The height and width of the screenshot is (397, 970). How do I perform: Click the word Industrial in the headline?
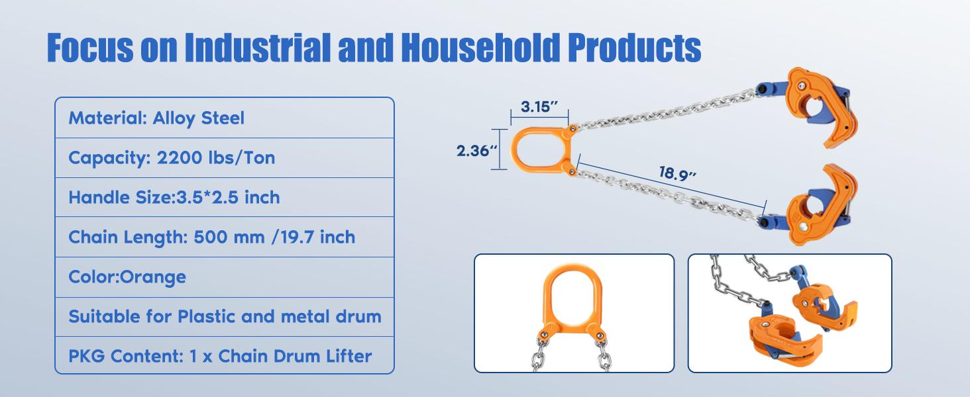click(260, 47)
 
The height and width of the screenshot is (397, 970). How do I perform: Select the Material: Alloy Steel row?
click(156, 118)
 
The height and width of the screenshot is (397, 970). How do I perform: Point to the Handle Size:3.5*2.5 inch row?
click(174, 197)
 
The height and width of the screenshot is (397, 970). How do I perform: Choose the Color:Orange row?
click(127, 277)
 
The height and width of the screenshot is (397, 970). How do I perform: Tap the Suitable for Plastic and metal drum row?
click(225, 316)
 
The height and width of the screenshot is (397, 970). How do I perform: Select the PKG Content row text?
click(220, 356)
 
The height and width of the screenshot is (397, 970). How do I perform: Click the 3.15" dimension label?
click(540, 106)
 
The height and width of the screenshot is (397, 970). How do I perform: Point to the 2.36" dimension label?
click(476, 151)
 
